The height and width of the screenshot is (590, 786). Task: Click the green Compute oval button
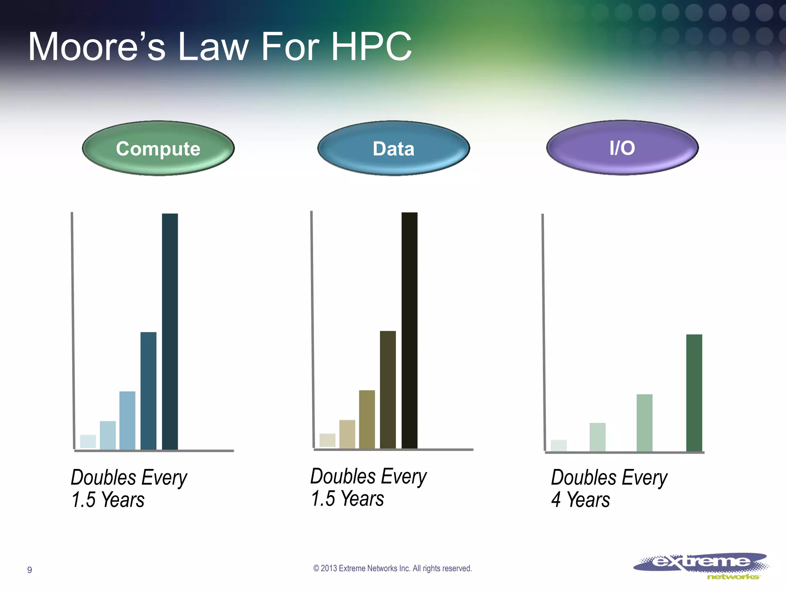click(158, 149)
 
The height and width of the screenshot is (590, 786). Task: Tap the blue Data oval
click(393, 149)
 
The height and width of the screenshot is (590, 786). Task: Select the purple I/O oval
click(622, 148)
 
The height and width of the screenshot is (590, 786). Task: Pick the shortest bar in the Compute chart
click(88, 441)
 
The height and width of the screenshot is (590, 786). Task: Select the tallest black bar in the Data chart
click(409, 330)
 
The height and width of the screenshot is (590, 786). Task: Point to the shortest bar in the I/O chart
click(558, 445)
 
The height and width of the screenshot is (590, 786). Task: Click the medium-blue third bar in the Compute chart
click(127, 420)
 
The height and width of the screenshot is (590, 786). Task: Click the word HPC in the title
click(371, 47)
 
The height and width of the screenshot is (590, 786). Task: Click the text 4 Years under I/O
click(580, 500)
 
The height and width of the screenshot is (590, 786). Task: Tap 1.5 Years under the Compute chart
click(108, 500)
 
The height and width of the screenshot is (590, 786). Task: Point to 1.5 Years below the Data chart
click(347, 499)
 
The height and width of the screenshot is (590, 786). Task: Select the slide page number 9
click(30, 570)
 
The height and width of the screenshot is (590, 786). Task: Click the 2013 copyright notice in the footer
click(393, 568)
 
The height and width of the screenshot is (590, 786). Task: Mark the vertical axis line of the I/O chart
click(543, 332)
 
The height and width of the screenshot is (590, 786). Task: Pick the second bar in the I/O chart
click(597, 437)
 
